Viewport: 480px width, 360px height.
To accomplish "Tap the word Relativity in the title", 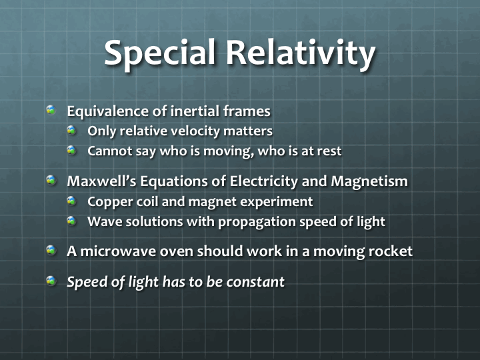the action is [301, 53].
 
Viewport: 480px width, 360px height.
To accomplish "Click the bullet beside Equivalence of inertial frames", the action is [51, 110].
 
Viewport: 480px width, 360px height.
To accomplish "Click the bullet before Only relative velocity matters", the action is [71, 130].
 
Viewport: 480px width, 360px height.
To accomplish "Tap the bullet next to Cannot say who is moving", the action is [71, 150].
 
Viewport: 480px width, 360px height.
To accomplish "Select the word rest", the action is [329, 151].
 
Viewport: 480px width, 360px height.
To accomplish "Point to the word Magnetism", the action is [369, 181].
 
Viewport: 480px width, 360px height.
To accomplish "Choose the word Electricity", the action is [263, 181].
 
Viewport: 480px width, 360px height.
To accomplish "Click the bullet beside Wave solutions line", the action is [71, 221].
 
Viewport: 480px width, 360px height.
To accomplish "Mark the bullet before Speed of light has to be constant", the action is [51, 281].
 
